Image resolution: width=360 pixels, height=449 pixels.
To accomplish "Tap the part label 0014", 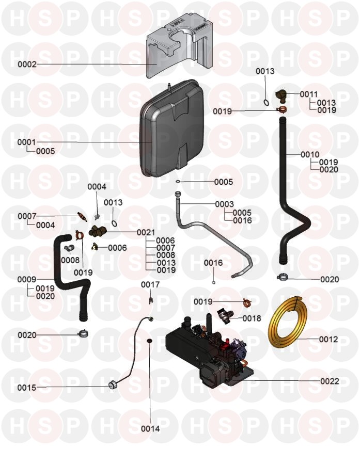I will [150, 428].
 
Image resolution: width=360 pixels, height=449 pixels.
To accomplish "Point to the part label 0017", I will [150, 284].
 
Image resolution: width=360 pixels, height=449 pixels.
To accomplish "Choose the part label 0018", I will [252, 318].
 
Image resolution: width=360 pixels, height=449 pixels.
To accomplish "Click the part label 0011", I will [309, 94].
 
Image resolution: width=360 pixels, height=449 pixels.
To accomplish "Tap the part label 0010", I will [310, 154].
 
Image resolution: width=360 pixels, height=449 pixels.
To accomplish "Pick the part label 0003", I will [225, 204].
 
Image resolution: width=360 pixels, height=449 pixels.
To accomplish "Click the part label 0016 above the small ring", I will [213, 263].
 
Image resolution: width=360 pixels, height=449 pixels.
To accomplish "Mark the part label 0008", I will [70, 260].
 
